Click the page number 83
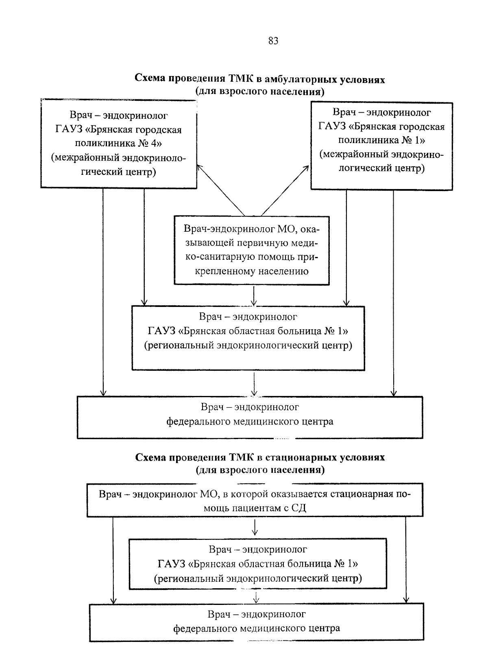click(x=273, y=41)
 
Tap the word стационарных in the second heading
click(x=297, y=457)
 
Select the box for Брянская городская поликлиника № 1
click(x=381, y=146)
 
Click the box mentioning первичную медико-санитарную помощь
click(x=252, y=250)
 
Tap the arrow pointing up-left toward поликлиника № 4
click(x=220, y=189)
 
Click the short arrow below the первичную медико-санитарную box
click(x=254, y=296)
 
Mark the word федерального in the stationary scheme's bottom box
click(x=205, y=628)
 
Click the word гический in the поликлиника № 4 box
click(x=101, y=172)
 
